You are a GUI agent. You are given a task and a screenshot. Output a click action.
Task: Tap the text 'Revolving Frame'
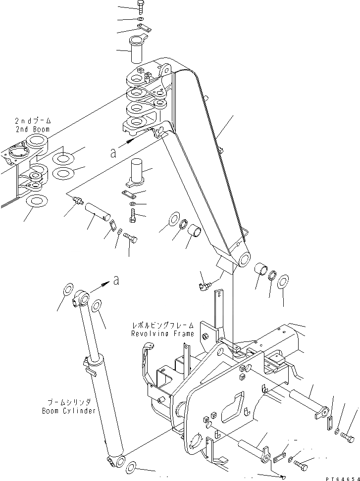[162, 334]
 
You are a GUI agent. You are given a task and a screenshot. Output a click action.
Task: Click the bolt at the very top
[140, 7]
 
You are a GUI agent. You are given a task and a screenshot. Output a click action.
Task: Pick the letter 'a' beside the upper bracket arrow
[114, 153]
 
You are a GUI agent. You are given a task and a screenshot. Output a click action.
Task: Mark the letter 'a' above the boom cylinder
[116, 280]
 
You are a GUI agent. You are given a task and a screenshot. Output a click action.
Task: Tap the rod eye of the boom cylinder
[83, 298]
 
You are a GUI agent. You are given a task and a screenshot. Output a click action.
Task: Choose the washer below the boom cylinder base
[133, 467]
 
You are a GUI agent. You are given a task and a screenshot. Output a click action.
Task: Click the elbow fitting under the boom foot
[204, 286]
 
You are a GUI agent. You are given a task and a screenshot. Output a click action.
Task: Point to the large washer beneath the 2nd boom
[36, 201]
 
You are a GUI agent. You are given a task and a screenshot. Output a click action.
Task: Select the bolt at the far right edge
[348, 437]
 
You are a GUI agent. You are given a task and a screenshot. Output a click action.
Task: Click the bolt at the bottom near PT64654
[301, 465]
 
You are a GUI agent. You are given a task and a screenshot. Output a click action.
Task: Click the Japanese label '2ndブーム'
[32, 121]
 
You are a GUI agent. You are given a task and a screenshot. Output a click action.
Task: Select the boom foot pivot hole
[243, 259]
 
